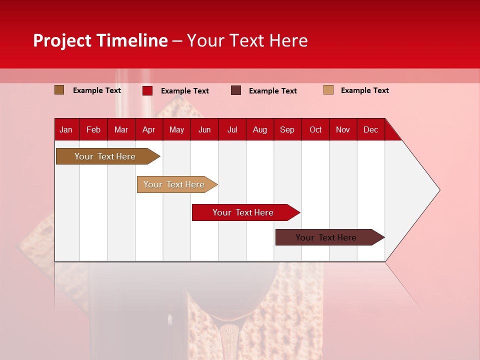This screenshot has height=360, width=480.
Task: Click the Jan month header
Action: [x=66, y=130]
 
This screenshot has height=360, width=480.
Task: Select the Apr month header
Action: [x=148, y=130]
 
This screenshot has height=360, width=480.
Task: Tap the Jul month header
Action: [x=232, y=130]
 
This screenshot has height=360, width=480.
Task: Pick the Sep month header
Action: [x=287, y=130]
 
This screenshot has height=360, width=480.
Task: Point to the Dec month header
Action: [x=370, y=130]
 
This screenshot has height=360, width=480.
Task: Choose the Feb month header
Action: [x=93, y=130]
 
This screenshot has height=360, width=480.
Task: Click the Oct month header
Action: [x=315, y=130]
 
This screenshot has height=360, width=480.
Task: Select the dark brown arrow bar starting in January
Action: [x=105, y=156]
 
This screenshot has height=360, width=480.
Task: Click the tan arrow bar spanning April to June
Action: [x=174, y=184]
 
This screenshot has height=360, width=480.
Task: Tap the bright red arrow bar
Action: [x=243, y=212]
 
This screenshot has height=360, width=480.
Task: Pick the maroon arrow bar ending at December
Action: [x=326, y=237]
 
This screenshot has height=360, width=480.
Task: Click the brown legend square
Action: [x=59, y=90]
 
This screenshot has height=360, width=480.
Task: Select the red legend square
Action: [x=147, y=90]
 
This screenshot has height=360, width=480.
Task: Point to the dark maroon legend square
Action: [x=235, y=90]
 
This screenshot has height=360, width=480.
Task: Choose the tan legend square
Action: [x=328, y=90]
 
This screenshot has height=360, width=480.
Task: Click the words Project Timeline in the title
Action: [x=100, y=40]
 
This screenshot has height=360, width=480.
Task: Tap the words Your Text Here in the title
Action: [x=247, y=40]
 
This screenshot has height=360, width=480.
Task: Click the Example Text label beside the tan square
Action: [x=364, y=90]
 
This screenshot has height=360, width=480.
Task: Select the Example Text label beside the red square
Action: [x=184, y=91]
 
